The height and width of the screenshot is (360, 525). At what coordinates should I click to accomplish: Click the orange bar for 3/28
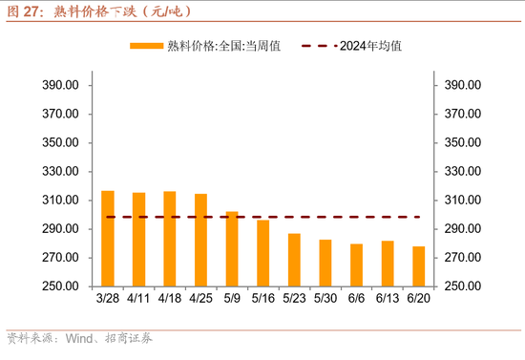(108, 239)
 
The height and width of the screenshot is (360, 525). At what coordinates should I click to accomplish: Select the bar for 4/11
(138, 240)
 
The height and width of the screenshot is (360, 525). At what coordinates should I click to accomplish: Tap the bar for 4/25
(200, 241)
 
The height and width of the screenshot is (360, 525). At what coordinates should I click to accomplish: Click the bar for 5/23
(294, 260)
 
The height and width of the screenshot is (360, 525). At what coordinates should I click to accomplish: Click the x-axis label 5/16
(262, 299)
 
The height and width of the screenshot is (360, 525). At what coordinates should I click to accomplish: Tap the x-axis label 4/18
(170, 299)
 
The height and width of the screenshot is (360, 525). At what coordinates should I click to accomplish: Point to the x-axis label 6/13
(388, 299)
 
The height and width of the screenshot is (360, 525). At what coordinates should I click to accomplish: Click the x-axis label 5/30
(325, 299)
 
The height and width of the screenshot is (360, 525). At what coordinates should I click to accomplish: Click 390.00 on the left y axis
(60, 85)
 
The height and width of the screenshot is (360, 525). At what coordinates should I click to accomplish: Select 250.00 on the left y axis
(60, 286)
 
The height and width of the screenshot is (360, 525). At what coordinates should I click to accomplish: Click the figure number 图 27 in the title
(24, 11)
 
